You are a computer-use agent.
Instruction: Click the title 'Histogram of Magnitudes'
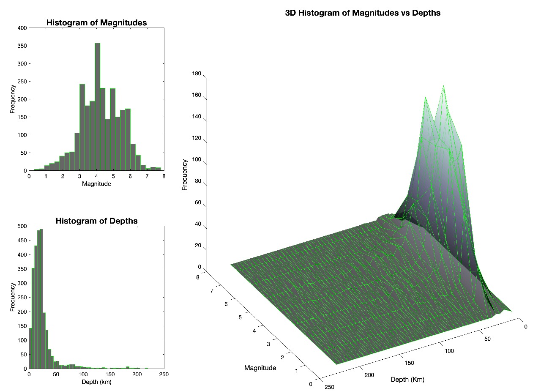[x=96, y=23]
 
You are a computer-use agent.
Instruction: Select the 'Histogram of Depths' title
[x=96, y=221]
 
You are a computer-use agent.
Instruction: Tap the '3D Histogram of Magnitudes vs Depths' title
[x=363, y=13]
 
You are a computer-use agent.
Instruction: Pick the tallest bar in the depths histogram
[x=41, y=296]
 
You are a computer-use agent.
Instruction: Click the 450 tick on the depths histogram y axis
[x=22, y=240]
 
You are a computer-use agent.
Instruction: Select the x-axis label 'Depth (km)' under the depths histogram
[x=96, y=382]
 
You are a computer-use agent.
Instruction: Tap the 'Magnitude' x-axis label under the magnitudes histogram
[x=96, y=184]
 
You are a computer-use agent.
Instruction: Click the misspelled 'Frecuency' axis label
[x=185, y=175]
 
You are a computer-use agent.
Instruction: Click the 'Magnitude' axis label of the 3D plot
[x=260, y=368]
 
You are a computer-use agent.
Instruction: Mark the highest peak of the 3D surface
[x=443, y=86]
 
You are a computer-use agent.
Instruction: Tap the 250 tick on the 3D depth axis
[x=328, y=387]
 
